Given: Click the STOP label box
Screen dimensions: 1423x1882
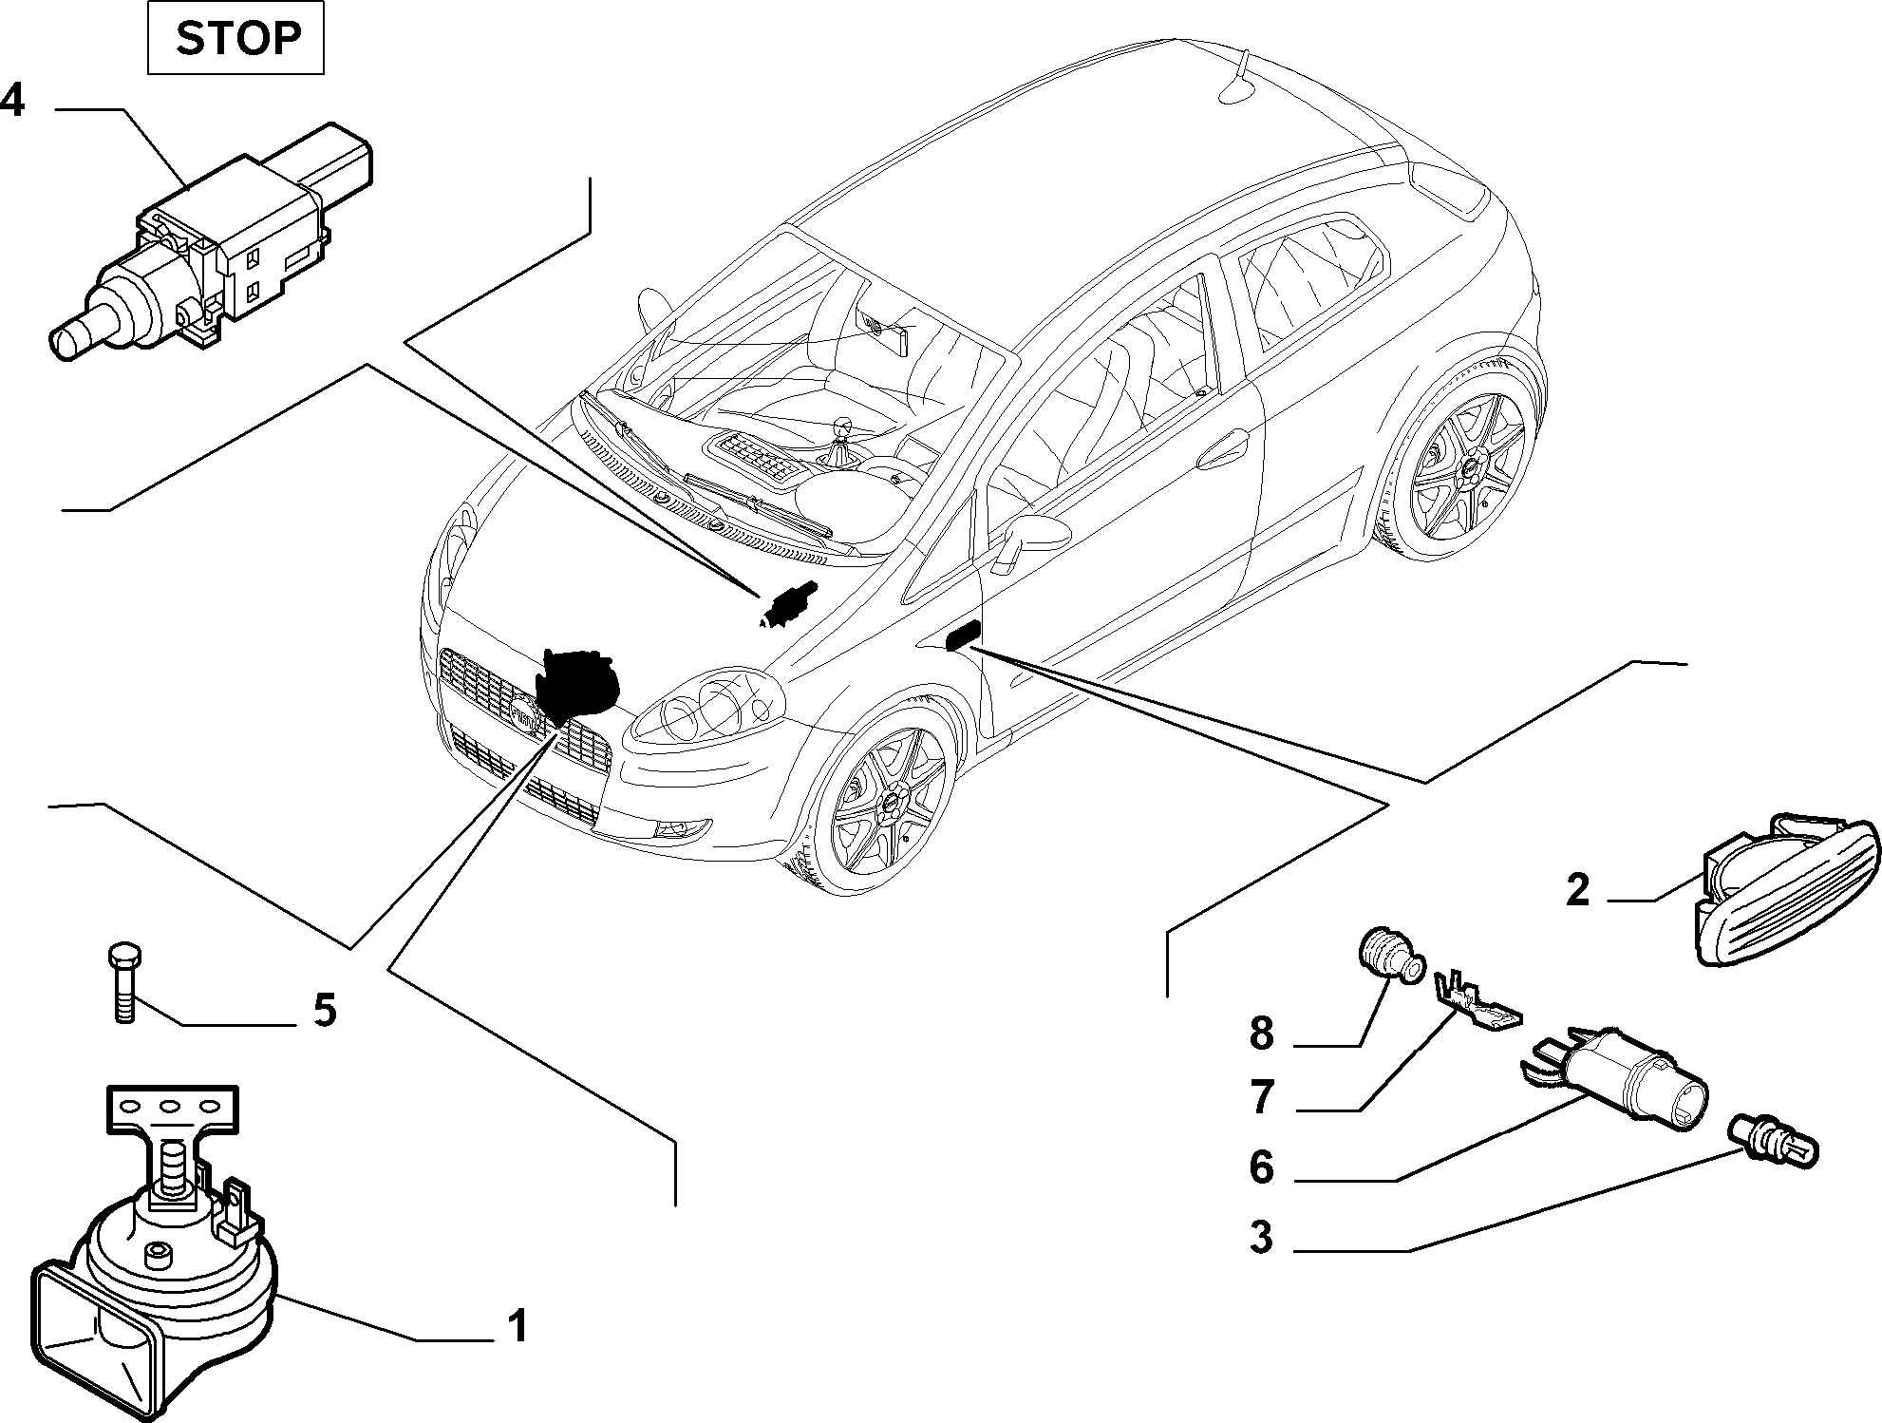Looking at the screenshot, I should (x=235, y=39).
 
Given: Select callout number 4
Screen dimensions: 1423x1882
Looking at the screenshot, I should (x=12, y=100).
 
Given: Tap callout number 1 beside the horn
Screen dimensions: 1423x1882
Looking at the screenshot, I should (x=517, y=1326).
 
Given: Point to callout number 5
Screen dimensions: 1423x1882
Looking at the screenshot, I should (x=325, y=1010).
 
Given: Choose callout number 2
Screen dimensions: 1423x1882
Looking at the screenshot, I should (x=1576, y=890).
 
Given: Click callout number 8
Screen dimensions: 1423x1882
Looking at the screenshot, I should (x=1261, y=1033).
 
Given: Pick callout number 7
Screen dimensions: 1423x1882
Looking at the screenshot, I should (x=1261, y=1097).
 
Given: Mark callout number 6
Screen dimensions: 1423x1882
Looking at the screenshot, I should (x=1261, y=1167).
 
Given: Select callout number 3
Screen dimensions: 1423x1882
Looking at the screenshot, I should (x=1261, y=1238).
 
